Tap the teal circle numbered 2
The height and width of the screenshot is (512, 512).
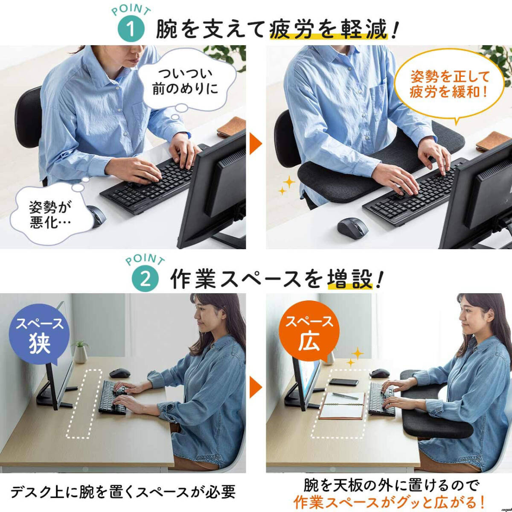tap(145, 281)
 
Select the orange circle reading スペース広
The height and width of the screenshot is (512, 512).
tap(309, 332)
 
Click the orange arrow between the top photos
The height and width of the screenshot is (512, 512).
tap(256, 144)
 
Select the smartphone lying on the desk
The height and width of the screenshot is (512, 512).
tap(344, 382)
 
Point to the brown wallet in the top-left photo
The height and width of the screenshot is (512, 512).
tap(231, 127)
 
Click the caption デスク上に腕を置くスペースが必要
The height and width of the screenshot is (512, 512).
tap(123, 485)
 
